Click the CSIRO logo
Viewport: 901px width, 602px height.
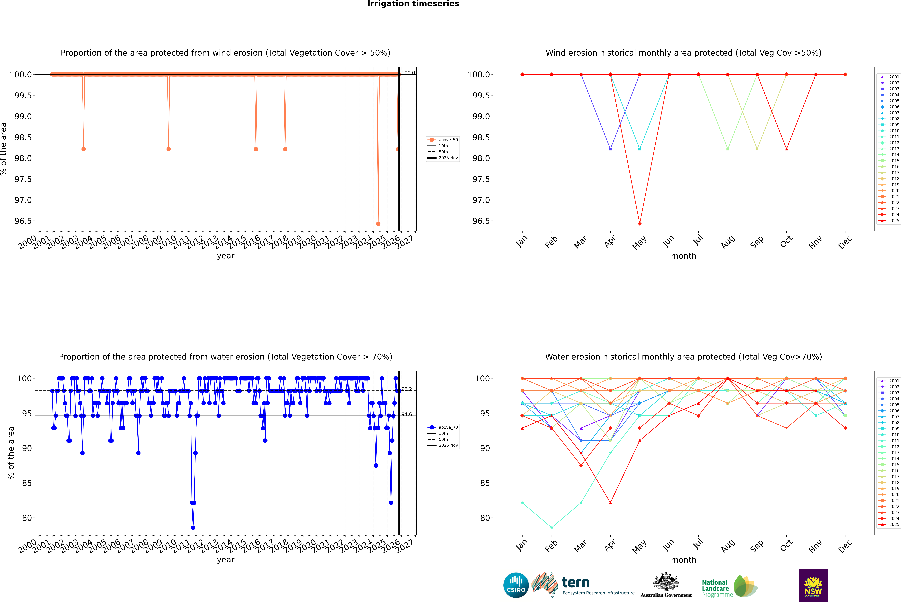(x=516, y=585)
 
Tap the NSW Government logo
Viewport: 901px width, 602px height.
(x=813, y=585)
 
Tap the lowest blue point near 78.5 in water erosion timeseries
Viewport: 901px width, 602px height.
(x=193, y=527)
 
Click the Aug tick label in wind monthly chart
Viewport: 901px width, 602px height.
(x=728, y=242)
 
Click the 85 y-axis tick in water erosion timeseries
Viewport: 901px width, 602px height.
(x=27, y=483)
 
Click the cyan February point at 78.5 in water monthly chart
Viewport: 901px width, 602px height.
(x=551, y=527)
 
